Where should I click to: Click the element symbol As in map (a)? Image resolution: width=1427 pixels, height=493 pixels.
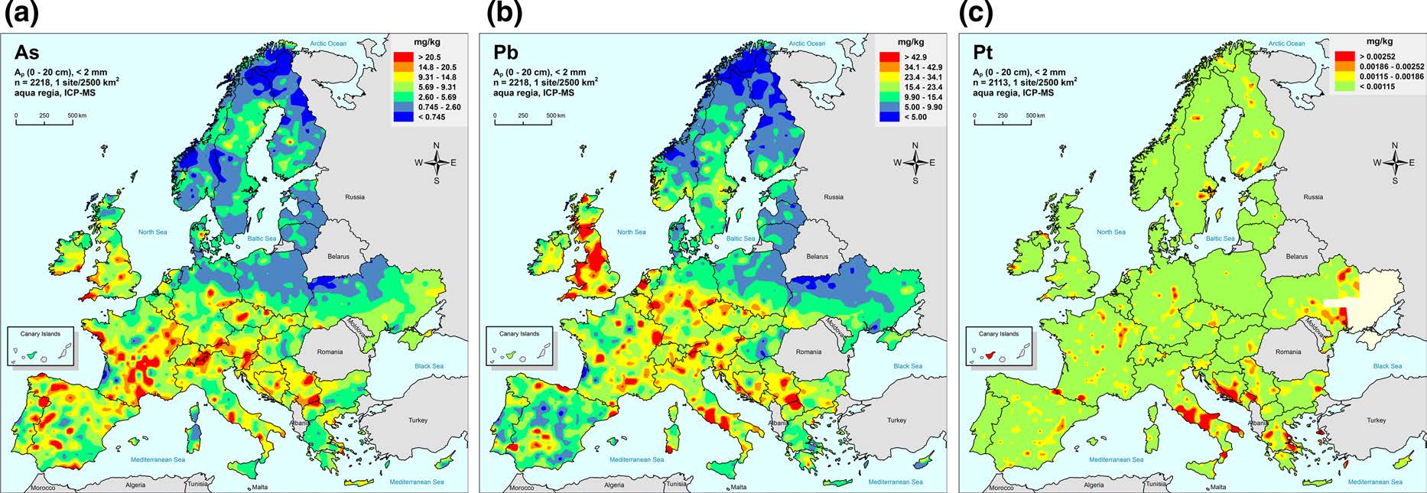pos(27,53)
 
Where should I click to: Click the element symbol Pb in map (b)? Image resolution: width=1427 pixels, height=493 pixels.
pos(505,53)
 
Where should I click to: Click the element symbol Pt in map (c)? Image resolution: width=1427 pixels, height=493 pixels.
pos(983,53)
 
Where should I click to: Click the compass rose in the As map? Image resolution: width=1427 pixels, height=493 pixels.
pos(436,162)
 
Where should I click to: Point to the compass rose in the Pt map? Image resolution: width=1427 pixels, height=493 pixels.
pos(1394,162)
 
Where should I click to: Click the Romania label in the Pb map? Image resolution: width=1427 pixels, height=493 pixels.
pos(808,352)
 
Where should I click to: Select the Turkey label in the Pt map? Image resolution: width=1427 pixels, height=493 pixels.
pos(1376,420)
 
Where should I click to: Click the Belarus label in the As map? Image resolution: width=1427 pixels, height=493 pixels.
pos(338,257)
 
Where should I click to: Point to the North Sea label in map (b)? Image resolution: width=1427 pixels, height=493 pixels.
pos(632,232)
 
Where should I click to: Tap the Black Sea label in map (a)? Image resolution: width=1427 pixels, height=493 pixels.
pos(429,366)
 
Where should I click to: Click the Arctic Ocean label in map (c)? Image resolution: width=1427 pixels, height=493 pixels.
pos(1286,44)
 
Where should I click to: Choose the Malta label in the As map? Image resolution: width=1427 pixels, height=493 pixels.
pos(260,487)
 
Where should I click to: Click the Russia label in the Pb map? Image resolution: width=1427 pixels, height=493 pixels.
pos(834,197)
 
